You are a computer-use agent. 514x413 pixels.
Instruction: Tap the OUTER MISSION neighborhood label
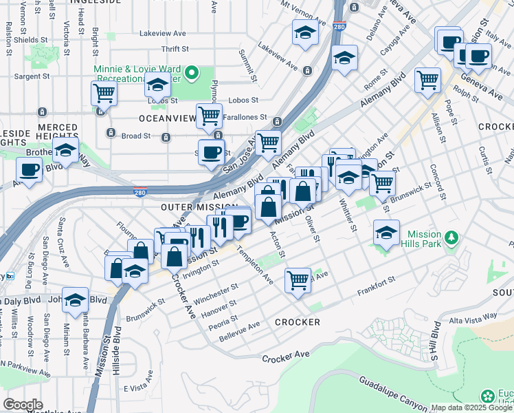(x=199, y=207)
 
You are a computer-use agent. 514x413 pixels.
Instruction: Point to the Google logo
(x=23, y=405)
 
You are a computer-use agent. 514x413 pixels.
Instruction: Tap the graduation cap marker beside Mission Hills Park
(x=387, y=233)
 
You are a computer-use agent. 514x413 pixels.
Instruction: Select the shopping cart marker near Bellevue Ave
(x=298, y=279)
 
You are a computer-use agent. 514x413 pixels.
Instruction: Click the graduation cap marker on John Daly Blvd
(x=75, y=299)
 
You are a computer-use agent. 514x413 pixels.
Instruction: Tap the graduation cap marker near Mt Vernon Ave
(x=305, y=32)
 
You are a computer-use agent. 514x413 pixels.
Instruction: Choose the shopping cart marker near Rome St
(x=427, y=79)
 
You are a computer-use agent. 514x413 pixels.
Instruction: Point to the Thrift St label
(x=175, y=49)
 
